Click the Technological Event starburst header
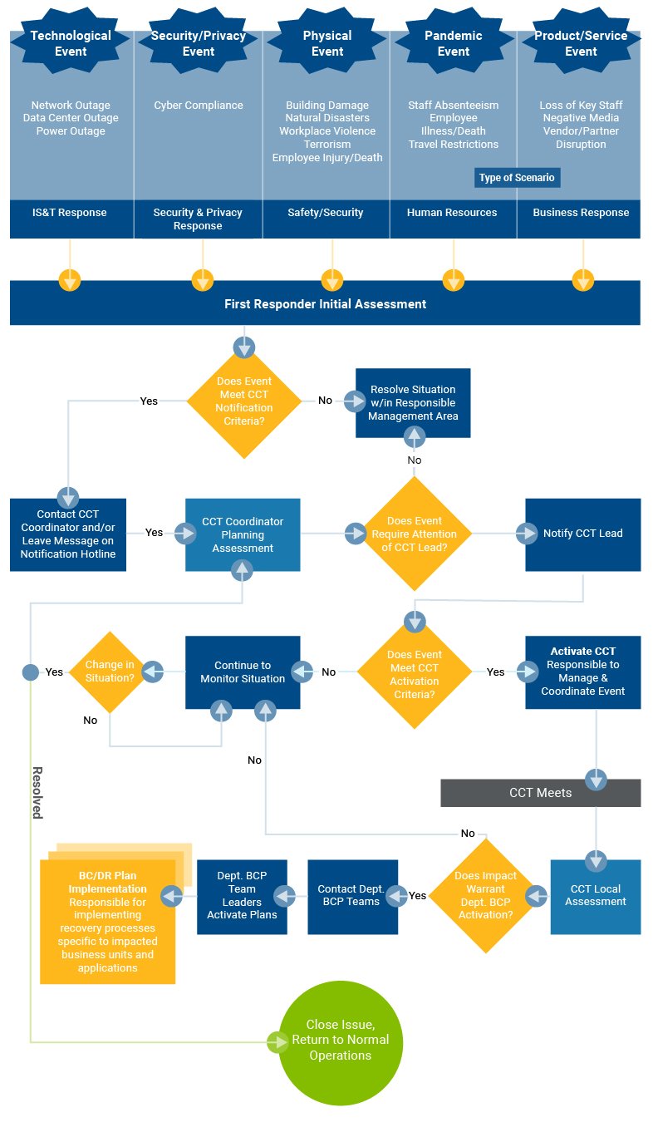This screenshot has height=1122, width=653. (71, 43)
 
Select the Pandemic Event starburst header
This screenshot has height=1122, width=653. (454, 43)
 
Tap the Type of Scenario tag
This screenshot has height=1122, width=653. (516, 178)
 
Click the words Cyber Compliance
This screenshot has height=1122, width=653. (199, 106)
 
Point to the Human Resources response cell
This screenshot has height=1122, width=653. (452, 213)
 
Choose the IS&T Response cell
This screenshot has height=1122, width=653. (70, 213)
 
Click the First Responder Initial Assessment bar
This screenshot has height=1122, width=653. (325, 304)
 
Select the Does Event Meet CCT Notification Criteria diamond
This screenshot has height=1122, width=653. (243, 401)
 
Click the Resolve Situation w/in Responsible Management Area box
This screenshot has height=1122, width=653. (413, 402)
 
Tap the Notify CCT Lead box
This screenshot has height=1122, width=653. (582, 534)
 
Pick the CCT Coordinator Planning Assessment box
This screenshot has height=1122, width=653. (243, 534)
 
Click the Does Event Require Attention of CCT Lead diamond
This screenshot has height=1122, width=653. (414, 534)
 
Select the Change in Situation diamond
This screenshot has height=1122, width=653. (110, 672)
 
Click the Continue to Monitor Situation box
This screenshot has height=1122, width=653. (243, 672)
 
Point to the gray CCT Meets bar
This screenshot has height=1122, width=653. (540, 793)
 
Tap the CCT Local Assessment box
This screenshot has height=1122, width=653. (596, 896)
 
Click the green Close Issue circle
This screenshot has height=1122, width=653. (340, 1041)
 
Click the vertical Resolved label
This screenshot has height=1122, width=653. (37, 792)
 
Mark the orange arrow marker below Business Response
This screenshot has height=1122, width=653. (583, 280)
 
